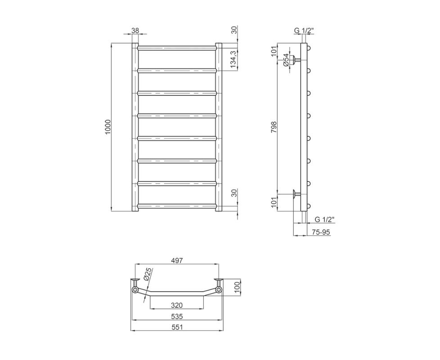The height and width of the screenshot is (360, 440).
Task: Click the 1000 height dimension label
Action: tap(108, 127)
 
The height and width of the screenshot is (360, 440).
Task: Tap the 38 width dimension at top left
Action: tap(135, 30)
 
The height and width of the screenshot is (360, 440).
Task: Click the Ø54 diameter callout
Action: tap(286, 60)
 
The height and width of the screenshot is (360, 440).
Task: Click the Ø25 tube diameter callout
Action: tap(148, 274)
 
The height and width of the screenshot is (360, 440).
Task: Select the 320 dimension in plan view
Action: tap(177, 305)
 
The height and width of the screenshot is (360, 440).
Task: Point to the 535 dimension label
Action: tap(177, 316)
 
